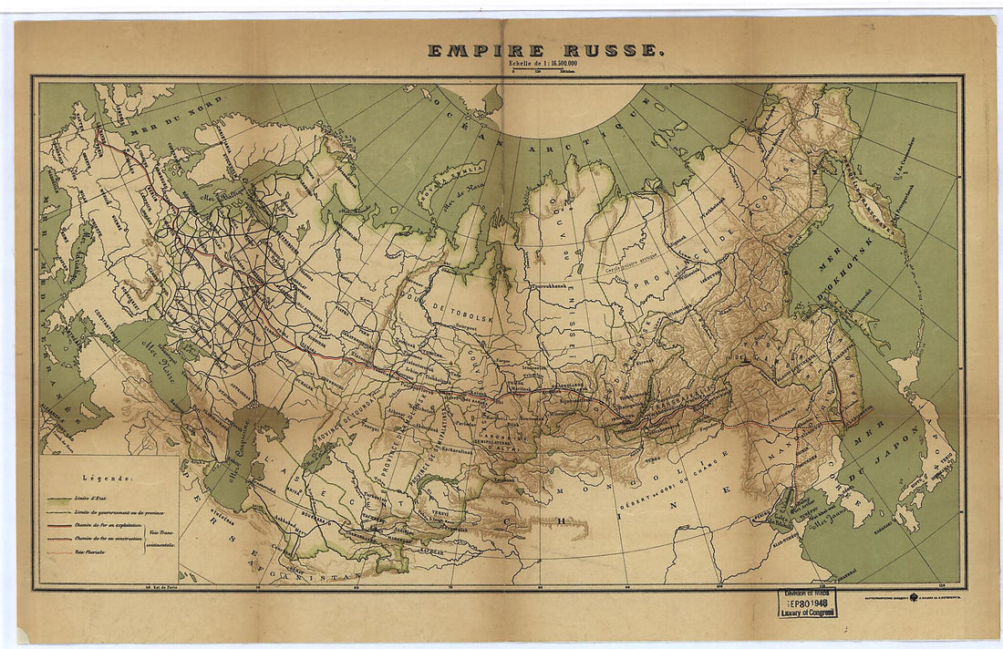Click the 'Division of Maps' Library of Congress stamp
tap(807, 602)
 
